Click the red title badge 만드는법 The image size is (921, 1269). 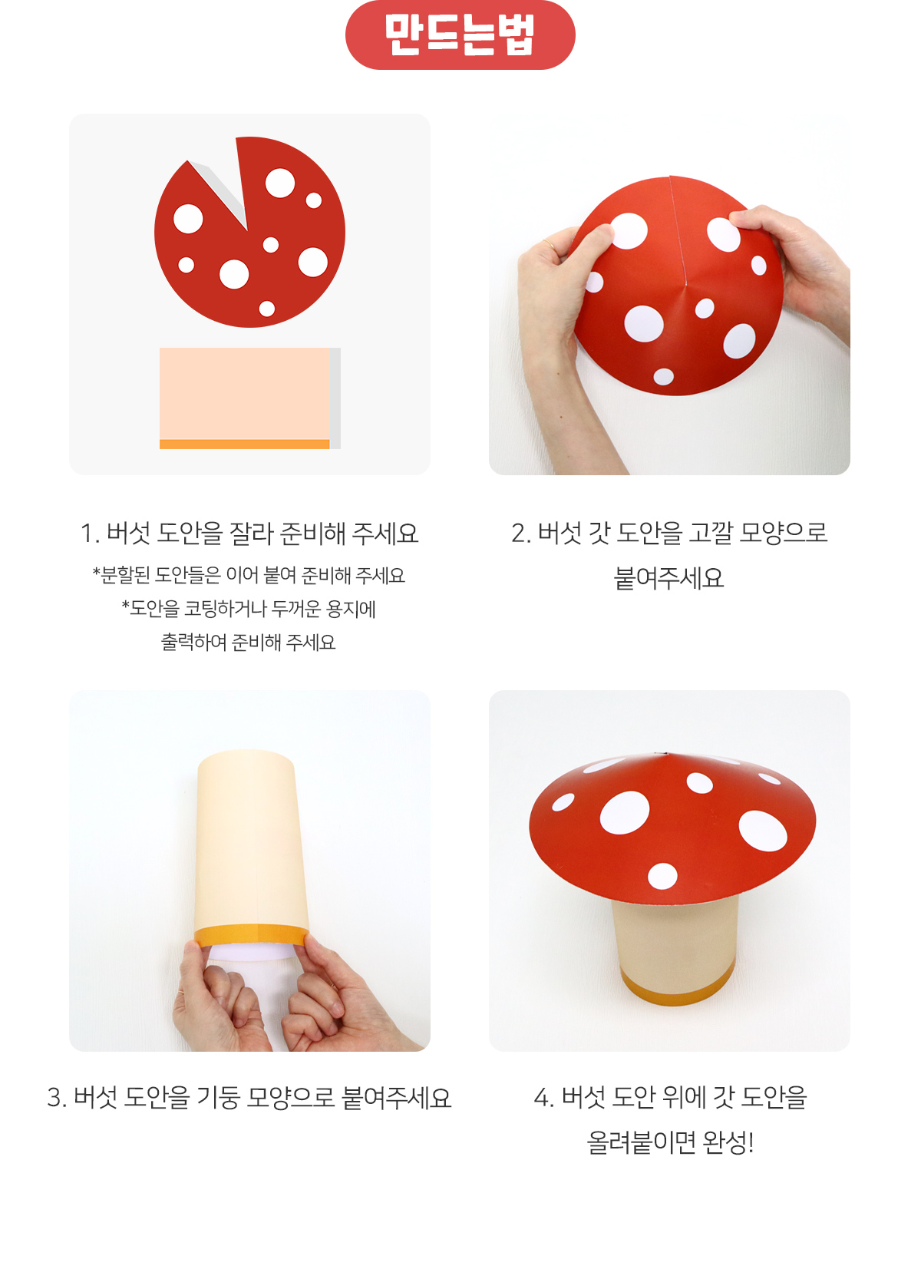click(x=460, y=35)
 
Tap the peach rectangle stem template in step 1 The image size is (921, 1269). click(x=244, y=393)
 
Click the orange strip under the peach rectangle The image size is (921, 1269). click(x=244, y=444)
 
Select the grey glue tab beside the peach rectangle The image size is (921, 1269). click(x=335, y=398)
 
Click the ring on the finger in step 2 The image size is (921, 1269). click(x=549, y=244)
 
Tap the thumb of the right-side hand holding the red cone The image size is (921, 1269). click(x=743, y=219)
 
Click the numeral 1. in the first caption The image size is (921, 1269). click(x=89, y=534)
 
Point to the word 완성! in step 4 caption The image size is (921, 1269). click(x=728, y=1142)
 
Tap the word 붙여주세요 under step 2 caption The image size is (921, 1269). click(x=669, y=578)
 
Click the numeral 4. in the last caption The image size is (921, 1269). click(x=543, y=1097)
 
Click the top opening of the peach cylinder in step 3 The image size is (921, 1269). click(x=246, y=755)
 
